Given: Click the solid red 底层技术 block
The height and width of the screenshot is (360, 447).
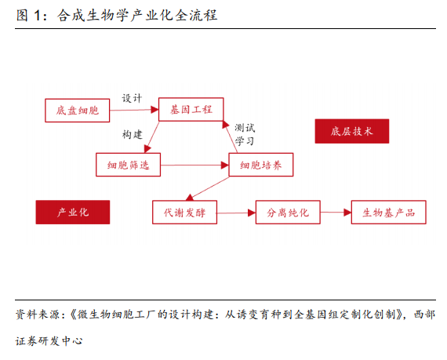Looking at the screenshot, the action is coord(352,131).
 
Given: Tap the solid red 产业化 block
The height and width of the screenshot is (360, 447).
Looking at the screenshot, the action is coord(73,212).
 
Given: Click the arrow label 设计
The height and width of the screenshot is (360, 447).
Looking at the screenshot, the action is coord(132,98).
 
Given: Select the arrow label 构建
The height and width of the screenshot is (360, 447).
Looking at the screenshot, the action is coord(133,134).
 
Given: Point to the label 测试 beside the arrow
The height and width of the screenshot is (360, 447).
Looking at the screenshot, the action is coord(245,128).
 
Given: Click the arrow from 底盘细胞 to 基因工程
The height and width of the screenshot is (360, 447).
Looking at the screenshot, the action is coord(134,110).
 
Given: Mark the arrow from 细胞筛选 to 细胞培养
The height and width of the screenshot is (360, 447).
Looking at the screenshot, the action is coord(194,165).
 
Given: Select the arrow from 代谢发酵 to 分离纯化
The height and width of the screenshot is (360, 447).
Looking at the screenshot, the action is coord(236,213).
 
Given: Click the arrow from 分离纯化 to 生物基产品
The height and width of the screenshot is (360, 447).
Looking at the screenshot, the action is coord(336,213).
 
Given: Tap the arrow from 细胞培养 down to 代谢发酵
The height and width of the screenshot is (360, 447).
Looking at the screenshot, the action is coord(207,189).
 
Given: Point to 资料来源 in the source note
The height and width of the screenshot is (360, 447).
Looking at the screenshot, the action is coord(38,315).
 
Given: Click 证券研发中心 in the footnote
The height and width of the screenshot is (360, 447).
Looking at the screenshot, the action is coord(49,341).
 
